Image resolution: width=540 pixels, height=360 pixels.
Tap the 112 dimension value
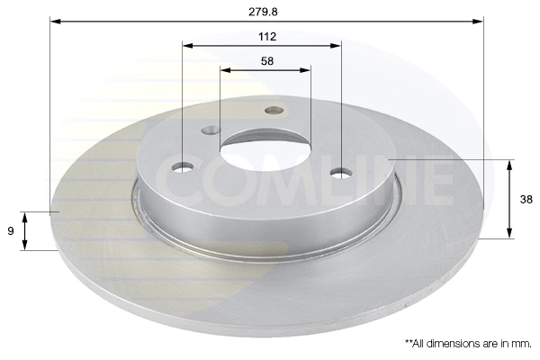pyautogui.click(x=267, y=37)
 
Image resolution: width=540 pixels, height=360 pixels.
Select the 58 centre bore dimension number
pyautogui.click(x=267, y=61)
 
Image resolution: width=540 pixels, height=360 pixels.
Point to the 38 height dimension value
pyautogui.click(x=526, y=200)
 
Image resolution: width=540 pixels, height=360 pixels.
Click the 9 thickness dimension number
pyautogui.click(x=11, y=230)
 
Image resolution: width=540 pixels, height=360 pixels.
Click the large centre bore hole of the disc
pyautogui.click(x=265, y=150)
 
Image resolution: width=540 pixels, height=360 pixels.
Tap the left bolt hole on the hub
pyautogui.click(x=183, y=167)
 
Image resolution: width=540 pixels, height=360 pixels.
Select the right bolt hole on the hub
pyautogui.click(x=341, y=173)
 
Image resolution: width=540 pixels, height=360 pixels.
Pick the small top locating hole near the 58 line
pyautogui.click(x=274, y=110)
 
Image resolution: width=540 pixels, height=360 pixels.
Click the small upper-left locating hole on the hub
pyautogui.click(x=211, y=130)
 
